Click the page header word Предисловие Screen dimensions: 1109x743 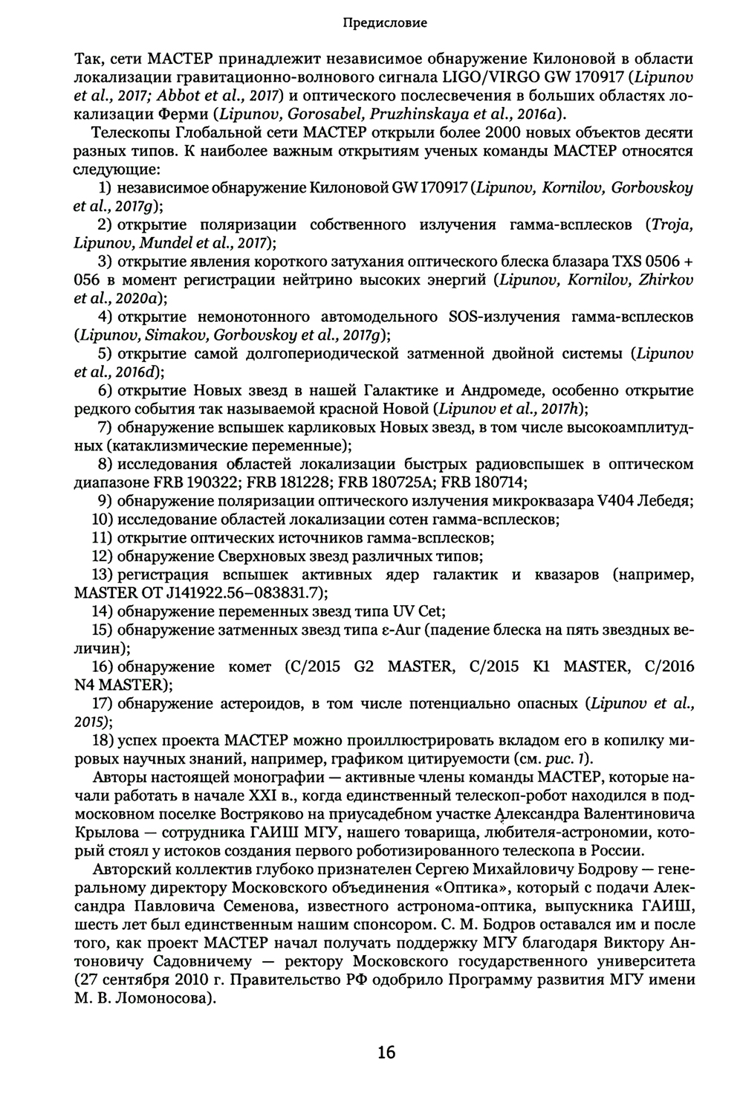click(385, 23)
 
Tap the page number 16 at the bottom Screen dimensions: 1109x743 click(386, 1052)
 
